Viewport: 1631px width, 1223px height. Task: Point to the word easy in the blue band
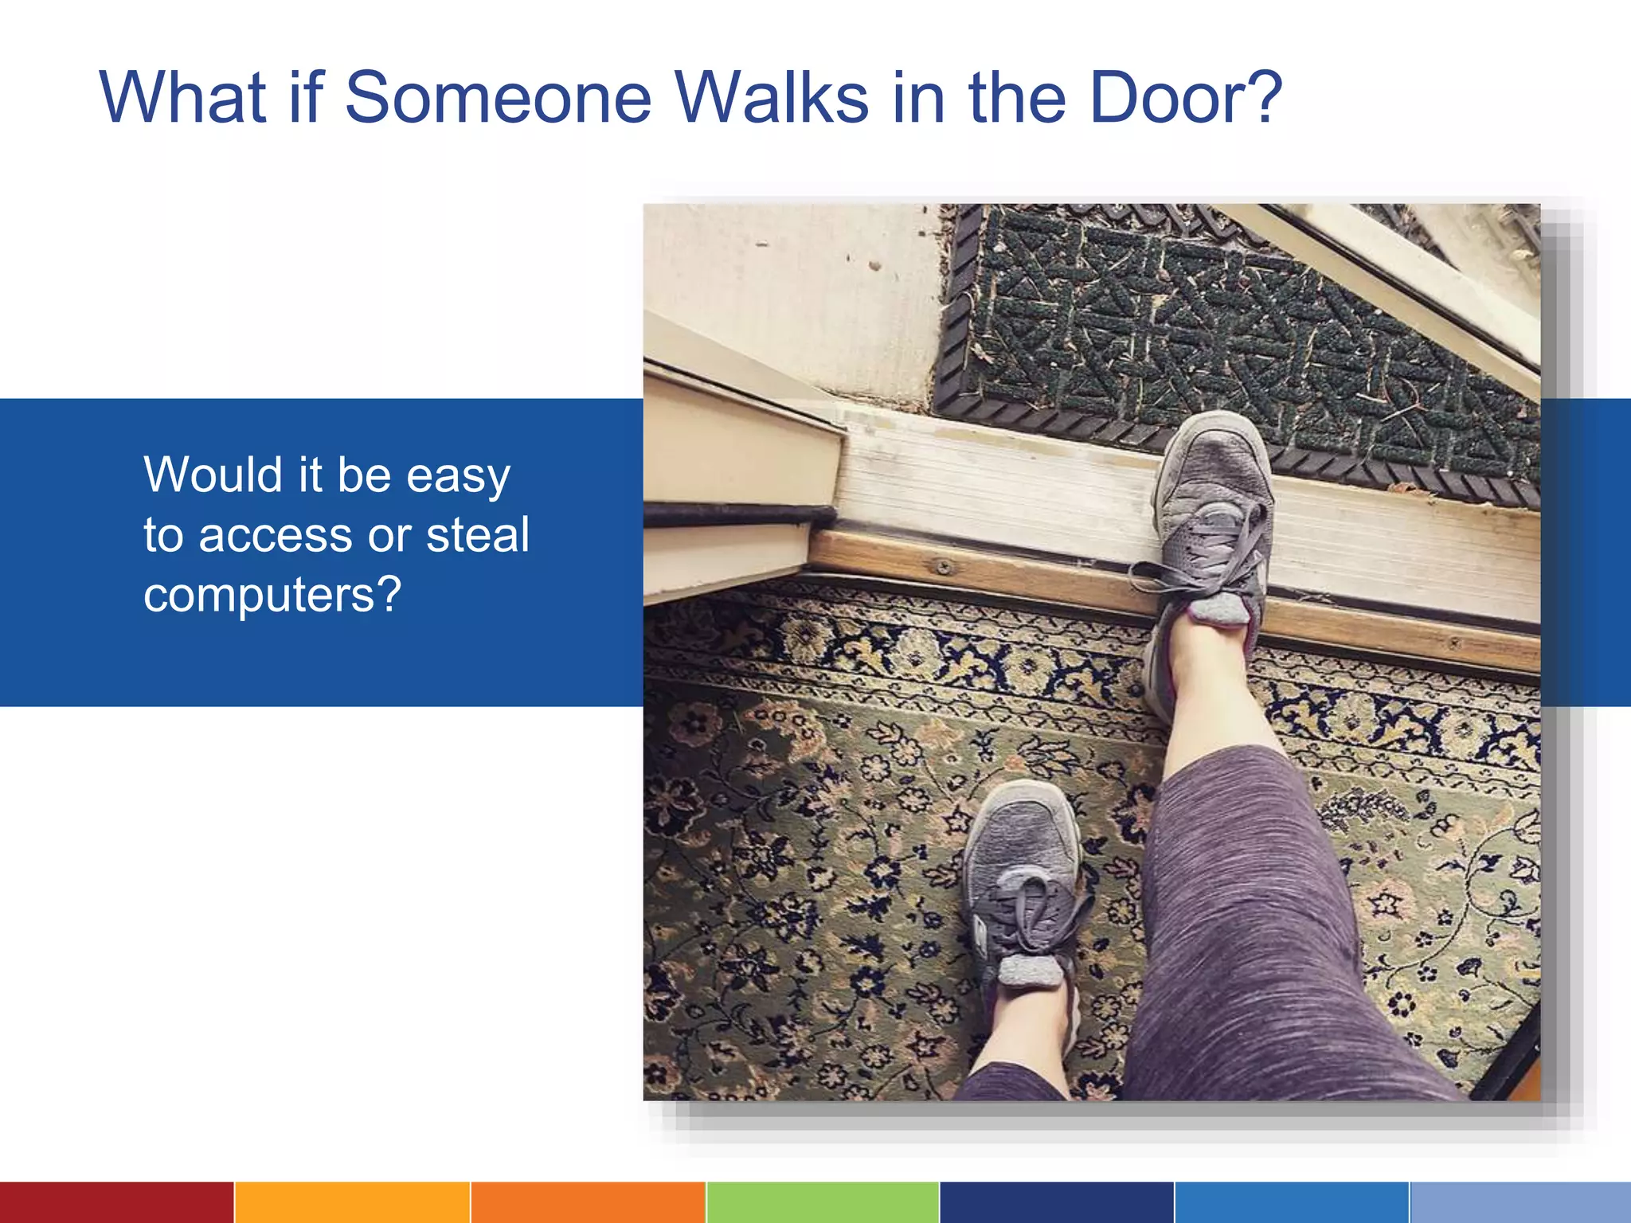pyautogui.click(x=458, y=476)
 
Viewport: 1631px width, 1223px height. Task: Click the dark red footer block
pyautogui.click(x=116, y=1202)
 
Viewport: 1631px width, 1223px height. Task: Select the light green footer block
pyautogui.click(x=823, y=1202)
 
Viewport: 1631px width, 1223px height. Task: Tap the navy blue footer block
pyautogui.click(x=1057, y=1202)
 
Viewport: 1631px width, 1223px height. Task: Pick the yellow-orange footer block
pyautogui.click(x=352, y=1202)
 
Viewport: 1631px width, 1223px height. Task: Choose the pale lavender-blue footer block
pyautogui.click(x=1520, y=1202)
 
